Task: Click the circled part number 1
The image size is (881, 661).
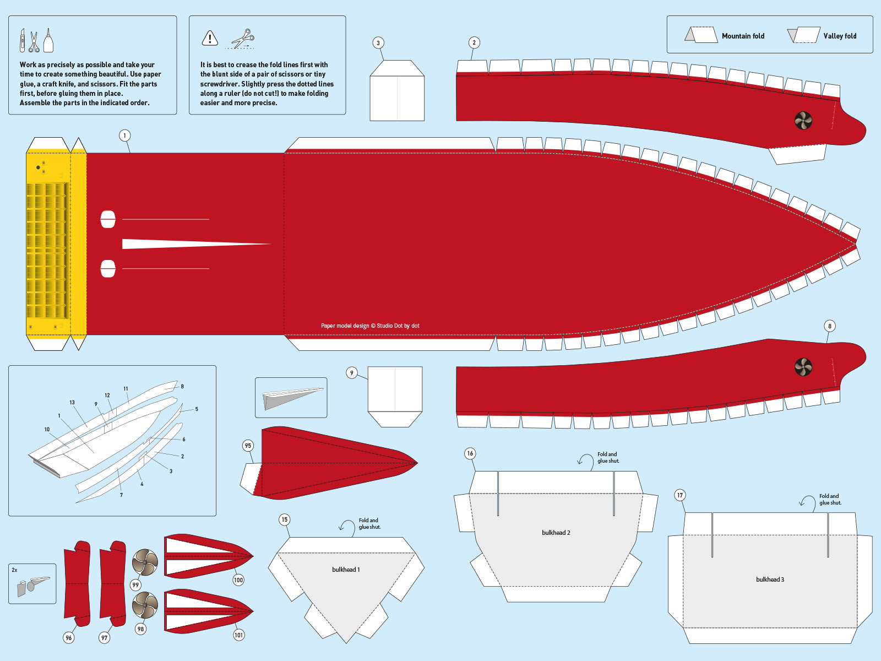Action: (x=124, y=136)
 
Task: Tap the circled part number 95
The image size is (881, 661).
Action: (x=248, y=446)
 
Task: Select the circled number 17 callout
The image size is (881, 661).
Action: (x=680, y=495)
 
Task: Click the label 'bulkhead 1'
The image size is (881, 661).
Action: (x=346, y=570)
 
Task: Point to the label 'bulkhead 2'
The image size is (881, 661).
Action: (x=556, y=533)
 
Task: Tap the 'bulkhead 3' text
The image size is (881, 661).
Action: (x=770, y=579)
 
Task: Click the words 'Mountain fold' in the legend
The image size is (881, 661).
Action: (x=743, y=36)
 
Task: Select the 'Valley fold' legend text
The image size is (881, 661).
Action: (x=840, y=36)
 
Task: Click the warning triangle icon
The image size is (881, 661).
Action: (x=210, y=38)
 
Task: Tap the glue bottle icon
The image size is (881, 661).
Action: (x=48, y=40)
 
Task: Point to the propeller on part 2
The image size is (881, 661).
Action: (x=803, y=121)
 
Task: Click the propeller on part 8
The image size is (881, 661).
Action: (x=803, y=367)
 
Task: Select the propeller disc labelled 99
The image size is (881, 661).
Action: (x=145, y=562)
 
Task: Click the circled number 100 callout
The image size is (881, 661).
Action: (x=238, y=580)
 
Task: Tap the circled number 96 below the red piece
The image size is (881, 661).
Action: (x=69, y=638)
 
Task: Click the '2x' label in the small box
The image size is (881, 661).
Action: (x=14, y=570)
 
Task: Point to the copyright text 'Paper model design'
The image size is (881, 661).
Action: (x=345, y=326)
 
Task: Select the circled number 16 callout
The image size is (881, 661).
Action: (x=470, y=453)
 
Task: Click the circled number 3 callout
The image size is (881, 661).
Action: (x=378, y=43)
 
